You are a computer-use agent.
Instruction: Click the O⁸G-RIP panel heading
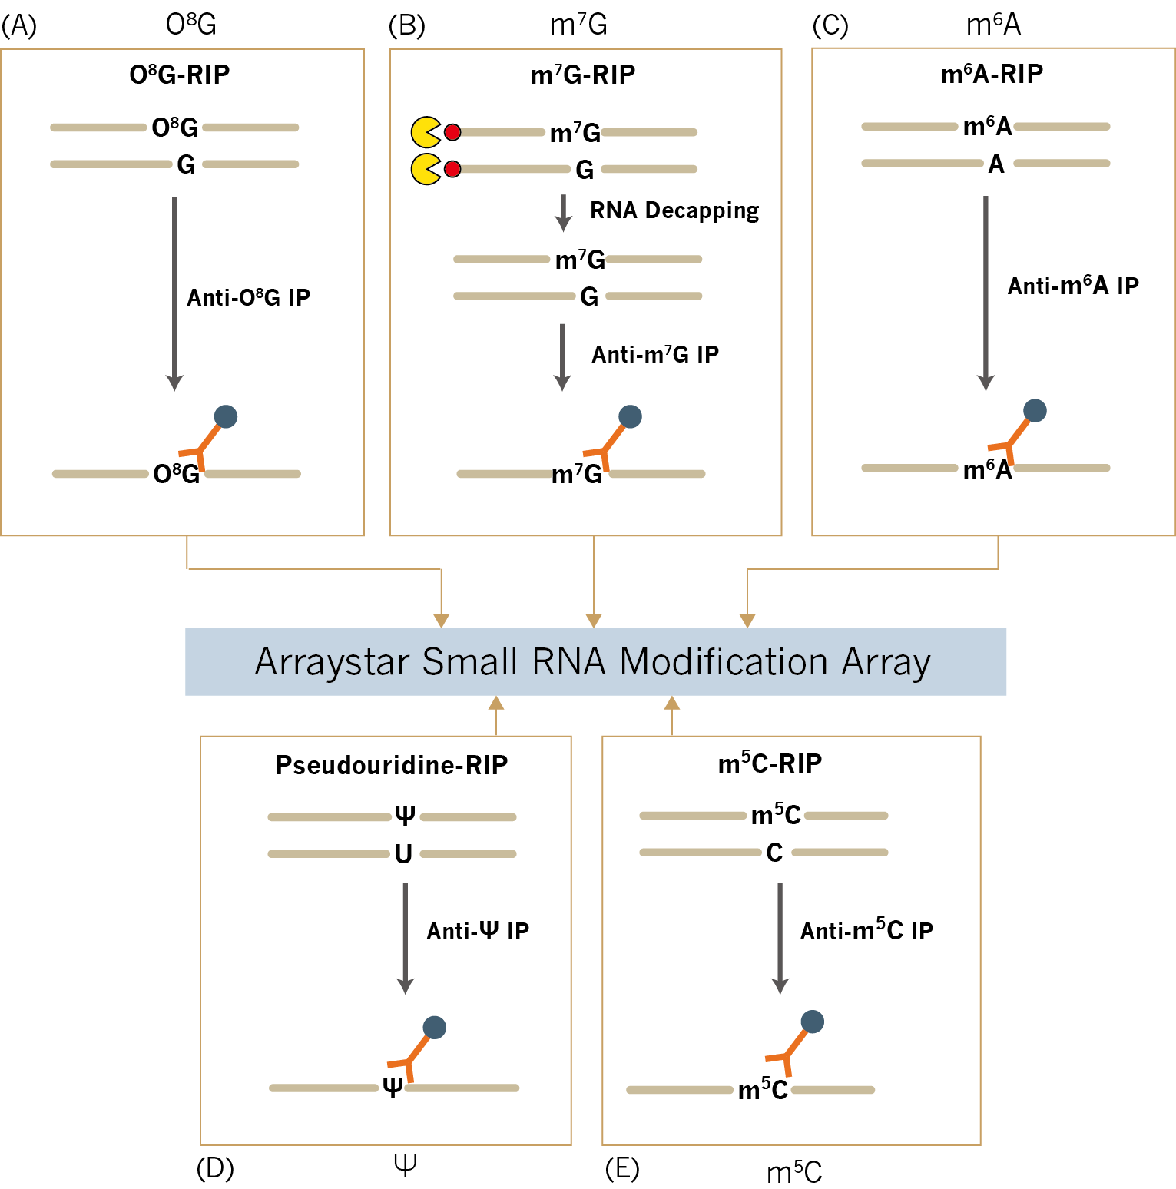[180, 75]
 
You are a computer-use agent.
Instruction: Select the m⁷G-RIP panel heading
[583, 75]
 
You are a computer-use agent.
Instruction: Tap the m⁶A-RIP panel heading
[992, 74]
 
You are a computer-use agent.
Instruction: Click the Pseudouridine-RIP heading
[392, 765]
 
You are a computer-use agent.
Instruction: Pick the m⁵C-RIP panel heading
[770, 763]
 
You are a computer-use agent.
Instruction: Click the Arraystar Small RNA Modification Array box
[595, 661]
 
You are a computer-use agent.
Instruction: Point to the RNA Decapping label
[674, 210]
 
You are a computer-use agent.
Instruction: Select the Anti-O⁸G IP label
[249, 297]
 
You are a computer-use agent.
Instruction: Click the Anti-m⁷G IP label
[655, 354]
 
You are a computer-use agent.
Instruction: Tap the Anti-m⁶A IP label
[1073, 286]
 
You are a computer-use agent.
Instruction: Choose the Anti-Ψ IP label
[478, 931]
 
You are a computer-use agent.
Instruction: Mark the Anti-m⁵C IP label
[866, 931]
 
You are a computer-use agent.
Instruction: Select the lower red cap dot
[452, 169]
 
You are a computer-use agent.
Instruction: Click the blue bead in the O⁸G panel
[226, 416]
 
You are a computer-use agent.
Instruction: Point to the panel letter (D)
[215, 1168]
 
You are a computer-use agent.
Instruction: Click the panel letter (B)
[406, 25]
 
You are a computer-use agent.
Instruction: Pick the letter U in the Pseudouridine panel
[403, 853]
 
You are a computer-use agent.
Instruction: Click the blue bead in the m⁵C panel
[812, 1022]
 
